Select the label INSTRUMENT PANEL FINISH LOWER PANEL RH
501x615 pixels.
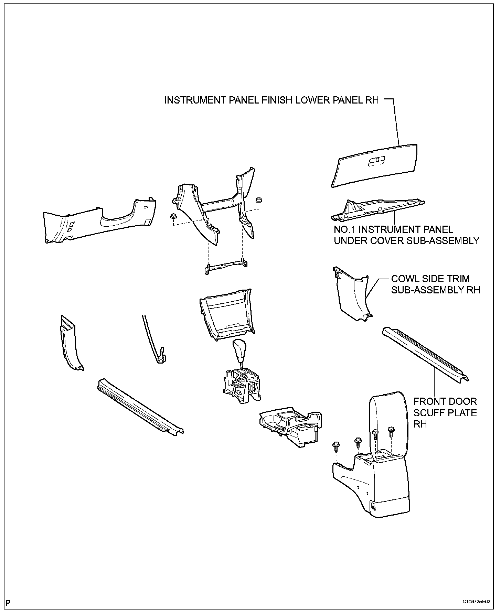pyautogui.click(x=271, y=100)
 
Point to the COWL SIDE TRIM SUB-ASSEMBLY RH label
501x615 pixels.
pyautogui.click(x=435, y=284)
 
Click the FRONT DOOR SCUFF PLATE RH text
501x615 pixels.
pyautogui.click(x=445, y=412)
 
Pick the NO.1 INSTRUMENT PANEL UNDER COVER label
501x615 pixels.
pyautogui.click(x=406, y=235)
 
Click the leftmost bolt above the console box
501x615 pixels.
pyautogui.click(x=335, y=446)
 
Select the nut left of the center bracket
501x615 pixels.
pyautogui.click(x=173, y=216)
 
